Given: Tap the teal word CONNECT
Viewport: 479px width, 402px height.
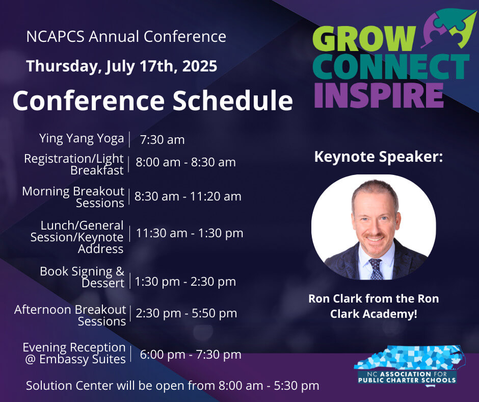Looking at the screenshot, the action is (x=391, y=67).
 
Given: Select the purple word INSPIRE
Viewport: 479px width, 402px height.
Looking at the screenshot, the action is (x=379, y=95).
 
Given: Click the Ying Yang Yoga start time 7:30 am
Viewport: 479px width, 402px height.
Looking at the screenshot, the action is (x=162, y=140).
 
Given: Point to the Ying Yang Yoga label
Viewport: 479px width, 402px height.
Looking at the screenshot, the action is (x=82, y=138).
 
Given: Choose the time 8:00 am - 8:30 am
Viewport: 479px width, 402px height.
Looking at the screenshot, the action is (x=185, y=162).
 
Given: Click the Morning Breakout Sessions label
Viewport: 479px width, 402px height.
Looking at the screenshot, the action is (x=73, y=197).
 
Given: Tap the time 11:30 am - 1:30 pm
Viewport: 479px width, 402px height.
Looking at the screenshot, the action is (x=190, y=233).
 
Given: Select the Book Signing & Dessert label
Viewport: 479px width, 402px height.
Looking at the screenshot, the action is (x=82, y=277).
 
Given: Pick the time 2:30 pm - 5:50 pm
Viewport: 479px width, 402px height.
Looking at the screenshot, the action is (x=187, y=313).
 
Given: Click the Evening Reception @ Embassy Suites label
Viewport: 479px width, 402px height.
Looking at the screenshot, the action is (x=74, y=353).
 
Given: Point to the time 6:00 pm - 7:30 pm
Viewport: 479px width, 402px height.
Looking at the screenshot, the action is (x=191, y=355).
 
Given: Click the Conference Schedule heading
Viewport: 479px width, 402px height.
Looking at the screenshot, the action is (x=153, y=100).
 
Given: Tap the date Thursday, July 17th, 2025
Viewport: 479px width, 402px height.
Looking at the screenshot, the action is (x=122, y=66).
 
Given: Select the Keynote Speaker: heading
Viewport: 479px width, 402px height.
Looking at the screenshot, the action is (x=379, y=157).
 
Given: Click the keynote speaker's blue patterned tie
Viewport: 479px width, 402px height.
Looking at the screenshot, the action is (x=376, y=269).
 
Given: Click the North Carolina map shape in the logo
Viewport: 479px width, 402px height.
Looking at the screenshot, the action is (x=410, y=359).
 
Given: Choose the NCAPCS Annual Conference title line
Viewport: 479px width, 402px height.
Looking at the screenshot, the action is (x=126, y=36).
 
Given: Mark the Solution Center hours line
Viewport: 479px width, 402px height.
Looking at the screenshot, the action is (x=173, y=386).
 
